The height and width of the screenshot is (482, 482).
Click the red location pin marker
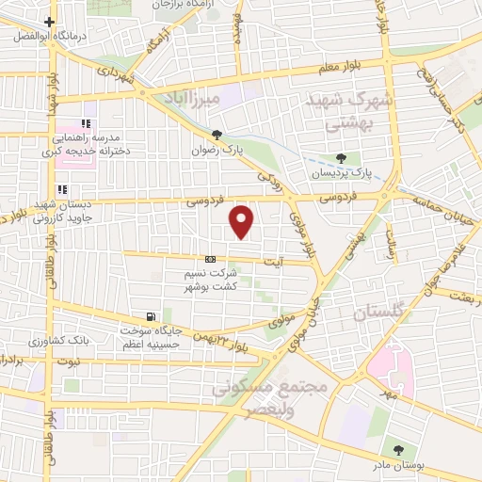pyautogui.click(x=243, y=222)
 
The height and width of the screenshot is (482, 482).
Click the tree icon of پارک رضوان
pyautogui.click(x=217, y=135)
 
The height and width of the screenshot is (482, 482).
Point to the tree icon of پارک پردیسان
pyautogui.click(x=341, y=157)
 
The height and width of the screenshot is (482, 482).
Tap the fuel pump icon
pyautogui.click(x=150, y=316)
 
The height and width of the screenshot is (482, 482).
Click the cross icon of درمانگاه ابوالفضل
pyautogui.click(x=49, y=21)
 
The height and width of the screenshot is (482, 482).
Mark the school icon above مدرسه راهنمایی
pyautogui.click(x=86, y=123)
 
